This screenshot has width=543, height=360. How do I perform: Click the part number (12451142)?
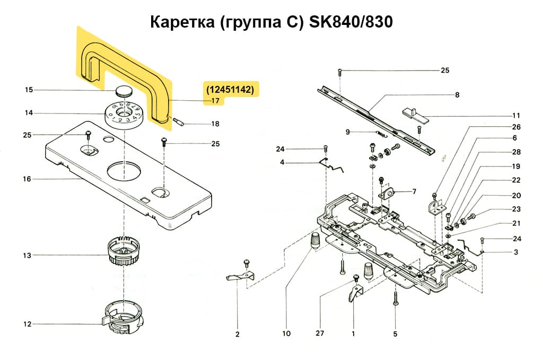[x=230, y=90]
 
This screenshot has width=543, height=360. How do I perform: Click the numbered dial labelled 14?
[x=124, y=113]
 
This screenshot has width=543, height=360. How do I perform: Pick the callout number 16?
[x=27, y=179]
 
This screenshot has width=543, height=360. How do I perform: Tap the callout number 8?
[x=457, y=95]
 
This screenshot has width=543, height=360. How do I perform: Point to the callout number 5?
[x=395, y=334]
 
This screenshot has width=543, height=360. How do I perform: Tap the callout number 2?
[x=237, y=334]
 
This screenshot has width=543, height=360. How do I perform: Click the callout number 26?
[x=516, y=127]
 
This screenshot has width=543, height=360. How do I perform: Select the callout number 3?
[x=515, y=252]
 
